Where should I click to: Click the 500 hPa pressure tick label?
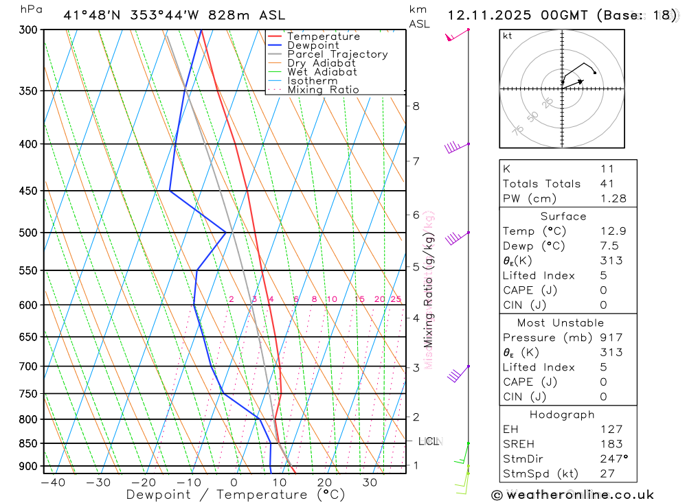(28, 233)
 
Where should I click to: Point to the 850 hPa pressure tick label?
(28, 443)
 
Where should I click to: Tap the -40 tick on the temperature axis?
(53, 482)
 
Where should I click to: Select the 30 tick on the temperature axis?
(370, 482)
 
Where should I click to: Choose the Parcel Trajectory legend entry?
(337, 54)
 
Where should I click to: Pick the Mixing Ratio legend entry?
(323, 90)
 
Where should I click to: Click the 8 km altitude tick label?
(416, 106)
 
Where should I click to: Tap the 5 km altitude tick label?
(416, 266)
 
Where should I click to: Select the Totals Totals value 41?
(607, 183)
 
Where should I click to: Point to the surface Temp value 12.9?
(613, 231)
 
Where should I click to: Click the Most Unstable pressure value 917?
(611, 338)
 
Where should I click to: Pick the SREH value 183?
(611, 444)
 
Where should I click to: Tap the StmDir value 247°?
(613, 459)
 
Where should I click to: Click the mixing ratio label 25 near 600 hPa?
(396, 299)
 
